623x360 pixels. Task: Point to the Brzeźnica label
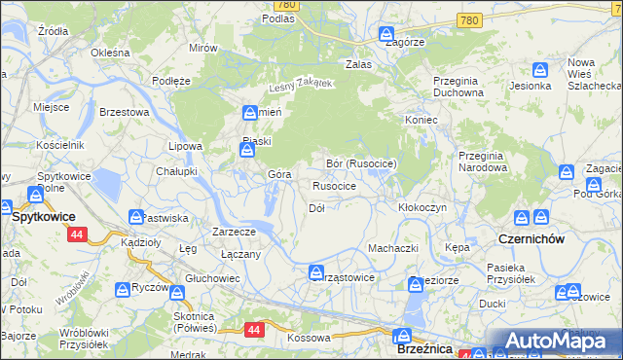pos(421,348)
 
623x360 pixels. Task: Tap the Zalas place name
pos(360,64)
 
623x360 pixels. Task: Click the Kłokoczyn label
pos(422,208)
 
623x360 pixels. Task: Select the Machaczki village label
pos(392,248)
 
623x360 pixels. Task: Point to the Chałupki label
pos(177,170)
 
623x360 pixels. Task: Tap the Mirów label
pos(203,48)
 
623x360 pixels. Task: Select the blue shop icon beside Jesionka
pos(540,70)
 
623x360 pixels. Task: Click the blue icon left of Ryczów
pos(123,290)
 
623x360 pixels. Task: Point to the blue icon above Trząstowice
pos(315,272)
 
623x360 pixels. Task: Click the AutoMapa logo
pos(555,341)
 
